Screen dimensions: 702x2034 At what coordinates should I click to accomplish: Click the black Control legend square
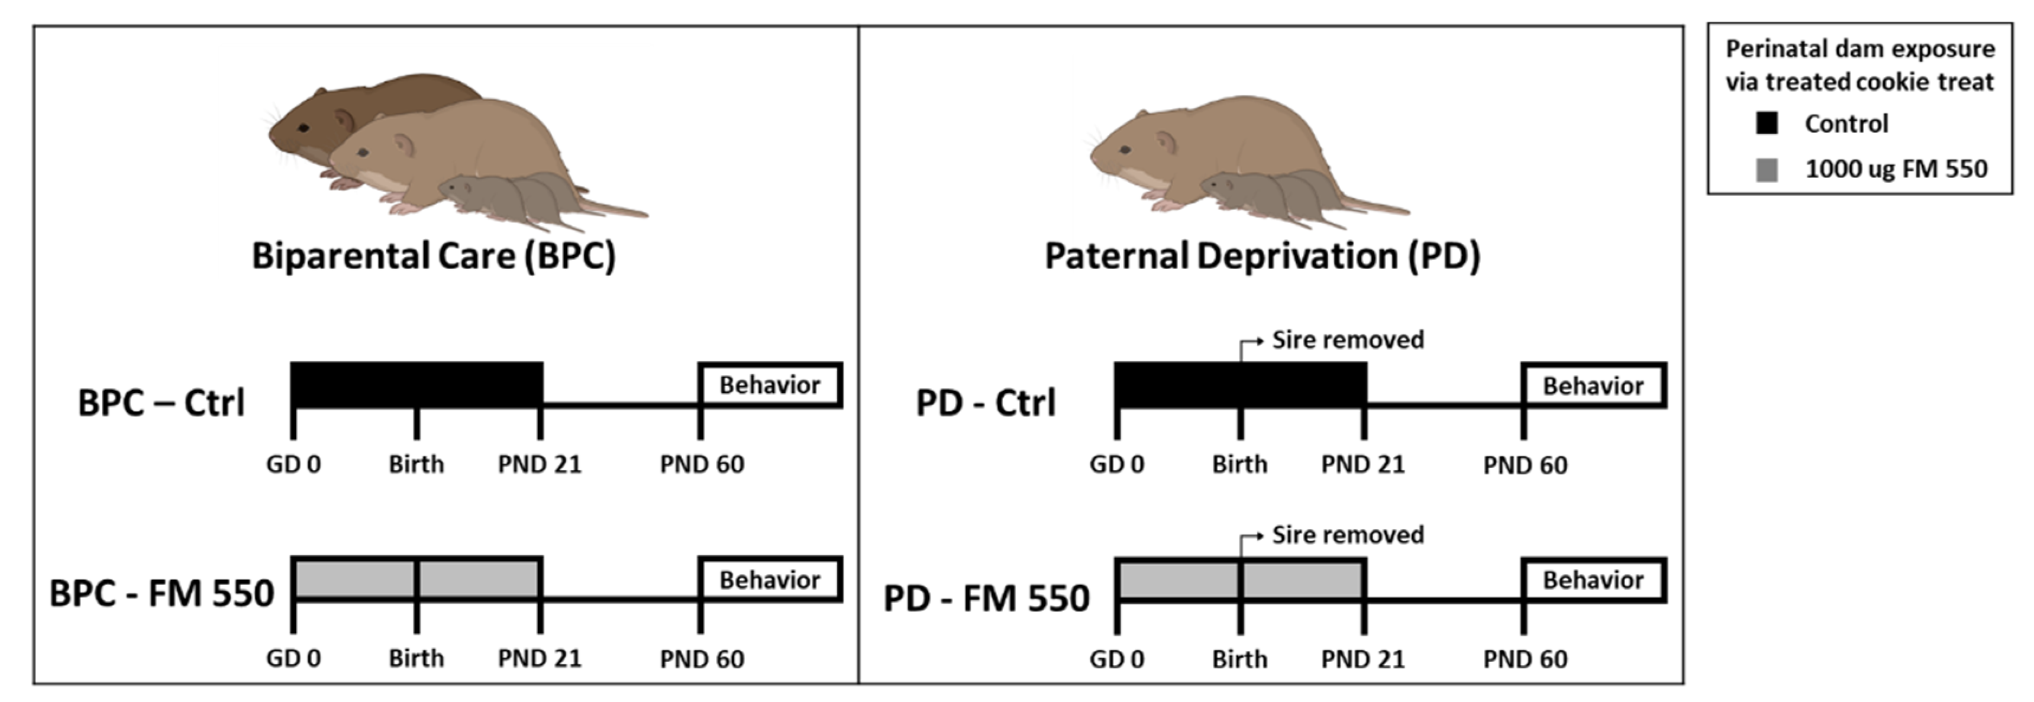pos(1767,123)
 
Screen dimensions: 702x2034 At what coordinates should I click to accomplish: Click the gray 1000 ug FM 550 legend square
pos(1767,169)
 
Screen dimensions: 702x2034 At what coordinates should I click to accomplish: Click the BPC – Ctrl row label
pos(161,403)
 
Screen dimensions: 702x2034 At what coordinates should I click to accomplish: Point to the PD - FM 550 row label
pos(986,598)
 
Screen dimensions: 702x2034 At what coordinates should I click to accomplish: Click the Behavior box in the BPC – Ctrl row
pos(770,386)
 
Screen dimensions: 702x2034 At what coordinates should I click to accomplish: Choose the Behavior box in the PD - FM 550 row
pos(1593,580)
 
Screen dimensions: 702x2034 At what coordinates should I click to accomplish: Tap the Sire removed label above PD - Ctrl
pos(1348,340)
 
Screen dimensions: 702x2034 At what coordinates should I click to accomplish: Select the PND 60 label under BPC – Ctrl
pos(702,464)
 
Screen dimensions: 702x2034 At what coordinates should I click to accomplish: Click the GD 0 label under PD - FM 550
pos(1116,659)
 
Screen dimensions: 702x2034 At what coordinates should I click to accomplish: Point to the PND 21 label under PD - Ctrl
pos(1363,464)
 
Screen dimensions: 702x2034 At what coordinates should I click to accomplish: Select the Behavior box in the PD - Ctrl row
pos(1593,386)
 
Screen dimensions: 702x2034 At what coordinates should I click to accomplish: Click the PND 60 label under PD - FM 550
pos(1525,659)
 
